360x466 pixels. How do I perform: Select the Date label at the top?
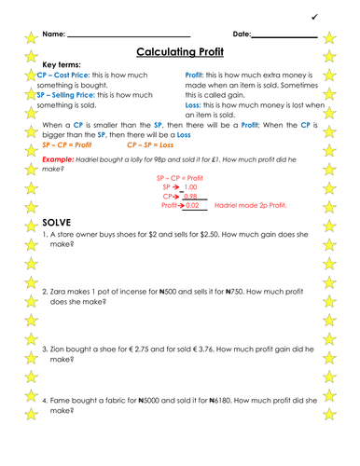click(240, 34)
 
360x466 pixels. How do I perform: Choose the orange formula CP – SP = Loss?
click(147, 146)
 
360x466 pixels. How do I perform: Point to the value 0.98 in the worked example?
click(189, 197)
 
